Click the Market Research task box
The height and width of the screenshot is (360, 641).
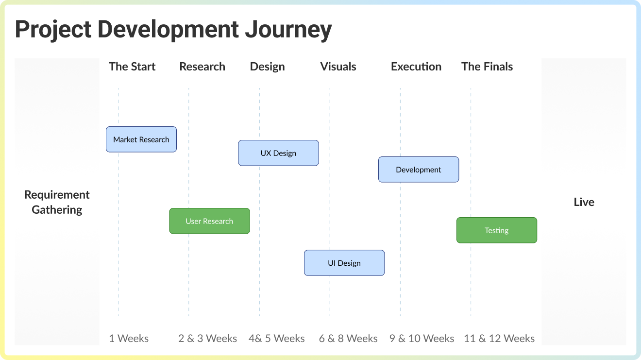pos(141,139)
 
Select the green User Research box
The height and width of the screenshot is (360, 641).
pos(209,221)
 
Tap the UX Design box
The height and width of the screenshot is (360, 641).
pos(278,153)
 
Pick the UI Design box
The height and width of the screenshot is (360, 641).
pos(344,263)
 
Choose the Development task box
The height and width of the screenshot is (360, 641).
pos(419,170)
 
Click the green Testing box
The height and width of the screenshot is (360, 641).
pos(497,230)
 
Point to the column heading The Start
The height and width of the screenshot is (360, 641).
pos(132,67)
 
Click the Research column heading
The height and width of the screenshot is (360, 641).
pos(202,67)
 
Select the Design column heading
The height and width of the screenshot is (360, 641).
pos(267,67)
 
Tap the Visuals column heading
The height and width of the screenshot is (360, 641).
pos(338,67)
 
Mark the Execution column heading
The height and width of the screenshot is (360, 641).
pos(416,67)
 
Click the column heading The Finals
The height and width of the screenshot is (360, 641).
pos(487,67)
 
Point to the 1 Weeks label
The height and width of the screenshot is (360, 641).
pos(129,339)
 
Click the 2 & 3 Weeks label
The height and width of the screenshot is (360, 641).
pos(207,339)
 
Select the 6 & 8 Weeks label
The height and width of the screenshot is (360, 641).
pos(348,339)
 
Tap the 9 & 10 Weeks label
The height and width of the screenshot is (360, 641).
pos(422,339)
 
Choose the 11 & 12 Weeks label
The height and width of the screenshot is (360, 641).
pos(499,339)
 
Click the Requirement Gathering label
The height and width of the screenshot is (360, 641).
pos(57,202)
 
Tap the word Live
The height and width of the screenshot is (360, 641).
pos(584,202)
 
